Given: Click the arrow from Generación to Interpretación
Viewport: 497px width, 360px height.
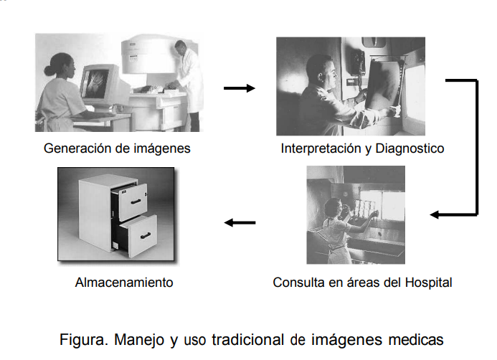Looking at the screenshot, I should pos(239,88).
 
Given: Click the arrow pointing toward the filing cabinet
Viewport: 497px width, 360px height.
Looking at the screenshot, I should pos(240,222).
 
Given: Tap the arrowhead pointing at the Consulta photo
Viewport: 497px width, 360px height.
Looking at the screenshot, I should pos(435,214).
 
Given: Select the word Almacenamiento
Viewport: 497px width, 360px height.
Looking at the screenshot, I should pos(124,283).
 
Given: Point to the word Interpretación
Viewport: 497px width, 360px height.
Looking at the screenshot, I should pos(319,149).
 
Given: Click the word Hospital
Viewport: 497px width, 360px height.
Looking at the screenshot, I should pos(429,283).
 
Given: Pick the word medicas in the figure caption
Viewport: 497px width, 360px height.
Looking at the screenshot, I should pos(415,338).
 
